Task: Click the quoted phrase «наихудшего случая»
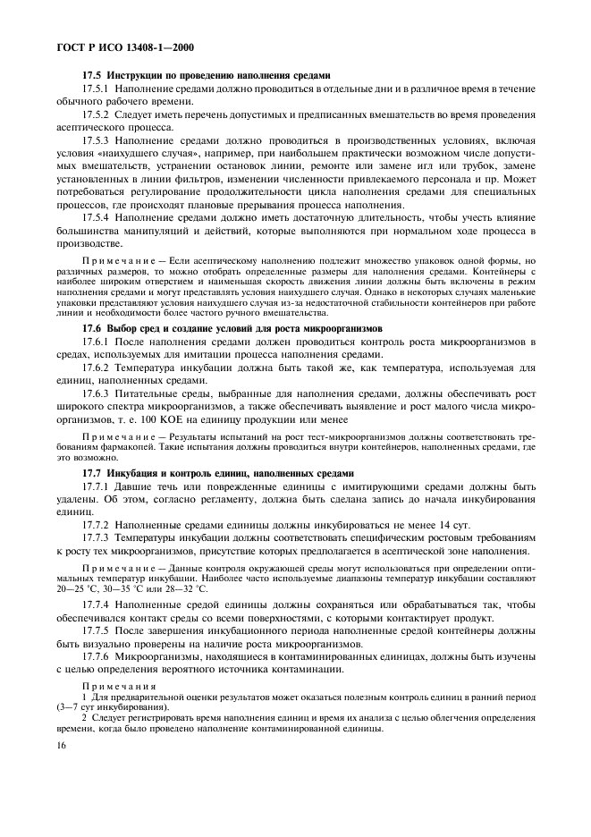pyautogui.click(x=148, y=154)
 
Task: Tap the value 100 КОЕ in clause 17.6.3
pyautogui.click(x=164, y=418)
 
